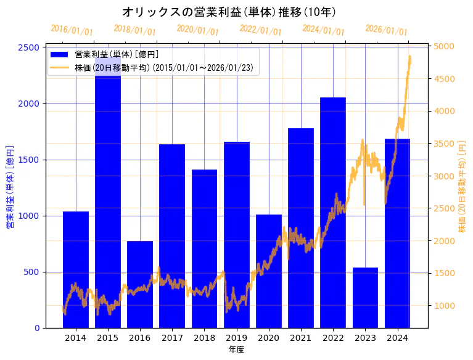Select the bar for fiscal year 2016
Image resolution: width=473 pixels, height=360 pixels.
140,284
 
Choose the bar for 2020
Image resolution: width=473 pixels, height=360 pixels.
269,271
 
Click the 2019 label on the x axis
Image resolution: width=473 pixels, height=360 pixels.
236,338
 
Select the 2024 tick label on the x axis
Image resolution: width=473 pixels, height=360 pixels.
397,338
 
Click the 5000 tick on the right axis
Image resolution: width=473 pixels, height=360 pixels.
444,46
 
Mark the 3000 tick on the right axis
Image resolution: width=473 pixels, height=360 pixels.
444,176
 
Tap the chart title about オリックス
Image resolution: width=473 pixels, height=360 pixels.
237,12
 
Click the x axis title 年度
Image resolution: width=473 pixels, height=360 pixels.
236,350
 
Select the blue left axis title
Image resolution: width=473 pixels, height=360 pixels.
10,187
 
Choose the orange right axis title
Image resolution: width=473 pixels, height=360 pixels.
462,187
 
